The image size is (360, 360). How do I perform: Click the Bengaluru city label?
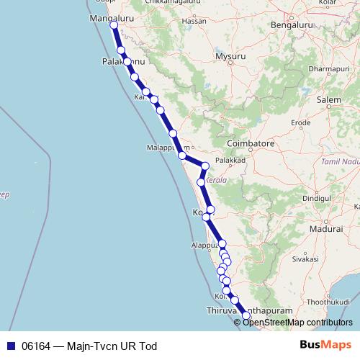tap(290, 25)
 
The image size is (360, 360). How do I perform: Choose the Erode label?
tap(301, 123)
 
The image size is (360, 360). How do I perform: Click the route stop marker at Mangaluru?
tap(114, 25)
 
